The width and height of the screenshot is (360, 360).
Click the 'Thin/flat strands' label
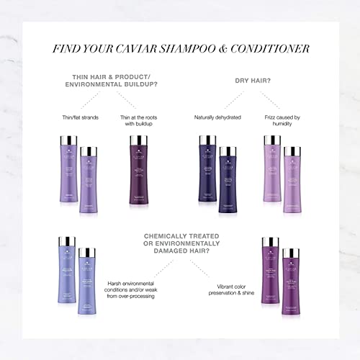(x=81, y=117)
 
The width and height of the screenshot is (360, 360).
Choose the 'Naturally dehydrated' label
(x=217, y=117)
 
